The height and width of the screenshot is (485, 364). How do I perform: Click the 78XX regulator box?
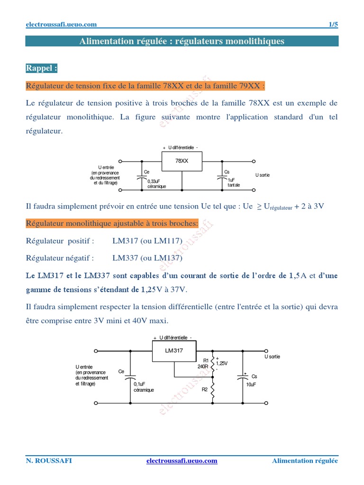tap(182, 161)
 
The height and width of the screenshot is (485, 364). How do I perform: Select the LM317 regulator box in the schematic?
tap(173, 351)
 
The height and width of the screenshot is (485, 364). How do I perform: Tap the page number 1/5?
tap(333, 25)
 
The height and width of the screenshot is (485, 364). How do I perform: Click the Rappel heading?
tap(42, 68)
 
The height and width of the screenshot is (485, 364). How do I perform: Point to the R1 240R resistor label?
tap(203, 363)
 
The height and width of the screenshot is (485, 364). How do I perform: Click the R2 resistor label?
tap(205, 389)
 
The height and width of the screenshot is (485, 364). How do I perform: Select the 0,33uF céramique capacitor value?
tap(156, 184)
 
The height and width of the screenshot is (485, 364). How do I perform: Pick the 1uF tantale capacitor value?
tap(234, 183)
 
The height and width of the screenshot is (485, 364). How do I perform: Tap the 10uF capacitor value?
tap(251, 385)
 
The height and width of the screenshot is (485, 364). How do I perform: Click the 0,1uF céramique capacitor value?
tap(143, 387)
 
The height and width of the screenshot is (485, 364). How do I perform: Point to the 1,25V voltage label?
tap(222, 363)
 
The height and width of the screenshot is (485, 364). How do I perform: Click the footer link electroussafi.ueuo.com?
tap(182, 461)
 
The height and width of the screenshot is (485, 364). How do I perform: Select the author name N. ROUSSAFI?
tap(49, 461)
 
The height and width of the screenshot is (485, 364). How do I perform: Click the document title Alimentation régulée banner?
tap(182, 41)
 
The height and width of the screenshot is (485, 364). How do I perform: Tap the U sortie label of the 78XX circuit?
tap(263, 175)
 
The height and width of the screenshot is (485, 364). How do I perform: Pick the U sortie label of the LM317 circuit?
tap(272, 357)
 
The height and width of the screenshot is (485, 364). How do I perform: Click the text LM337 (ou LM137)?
tap(147, 258)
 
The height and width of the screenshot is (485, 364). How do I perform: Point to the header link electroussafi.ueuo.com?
tap(61, 25)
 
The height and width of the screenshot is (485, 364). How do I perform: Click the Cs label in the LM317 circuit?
tap(254, 377)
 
